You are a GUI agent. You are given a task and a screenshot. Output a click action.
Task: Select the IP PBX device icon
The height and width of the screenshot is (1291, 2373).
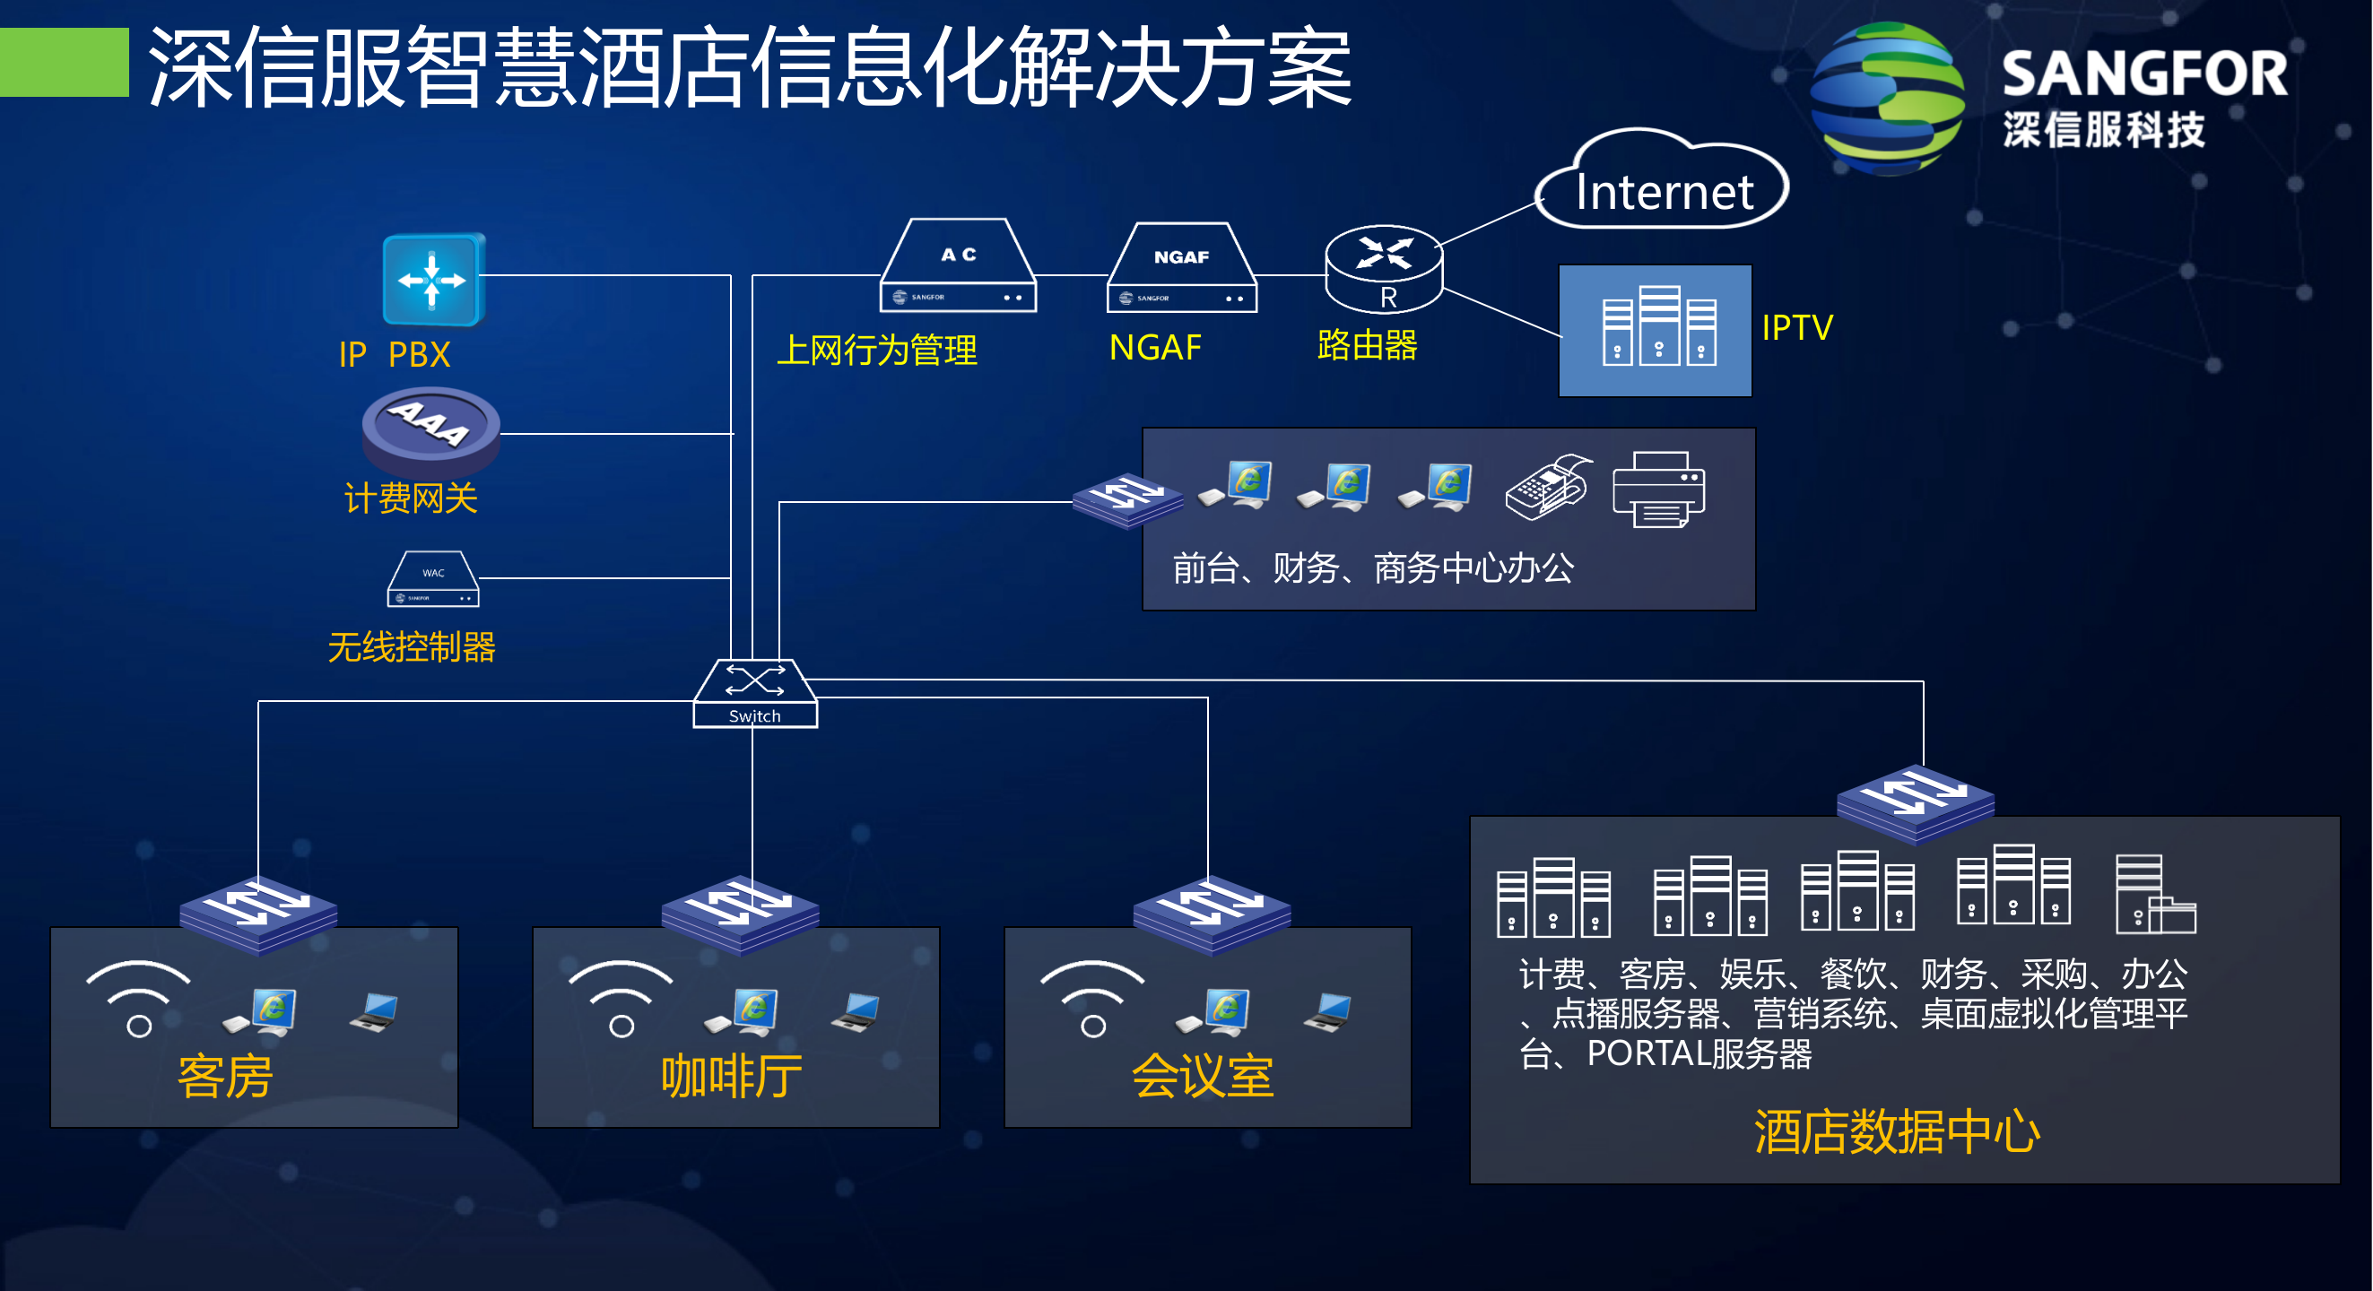(433, 280)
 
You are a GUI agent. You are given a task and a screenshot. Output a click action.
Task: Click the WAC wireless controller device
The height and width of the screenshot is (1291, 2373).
(433, 581)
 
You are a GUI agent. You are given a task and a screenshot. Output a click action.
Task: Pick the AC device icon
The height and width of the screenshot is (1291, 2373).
(958, 268)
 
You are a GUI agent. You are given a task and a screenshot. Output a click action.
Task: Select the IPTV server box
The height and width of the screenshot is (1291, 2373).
(1655, 331)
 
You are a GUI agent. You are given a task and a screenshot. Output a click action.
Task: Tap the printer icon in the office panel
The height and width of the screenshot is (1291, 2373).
(1658, 490)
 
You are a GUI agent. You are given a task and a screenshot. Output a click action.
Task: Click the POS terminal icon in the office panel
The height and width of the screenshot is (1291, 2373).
(1548, 488)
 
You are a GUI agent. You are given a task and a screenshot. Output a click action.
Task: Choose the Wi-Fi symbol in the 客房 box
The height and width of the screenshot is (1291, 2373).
(138, 998)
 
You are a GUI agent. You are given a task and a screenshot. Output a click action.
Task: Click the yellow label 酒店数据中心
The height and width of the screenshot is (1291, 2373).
(1896, 1131)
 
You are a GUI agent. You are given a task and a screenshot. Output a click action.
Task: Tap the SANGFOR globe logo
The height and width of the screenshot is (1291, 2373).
(1887, 100)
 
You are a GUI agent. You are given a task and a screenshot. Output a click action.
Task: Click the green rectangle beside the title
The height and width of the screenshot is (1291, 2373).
(64, 63)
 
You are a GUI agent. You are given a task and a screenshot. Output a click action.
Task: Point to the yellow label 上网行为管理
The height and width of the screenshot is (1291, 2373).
(876, 351)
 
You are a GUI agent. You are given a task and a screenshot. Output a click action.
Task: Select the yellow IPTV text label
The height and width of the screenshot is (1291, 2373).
(1796, 328)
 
